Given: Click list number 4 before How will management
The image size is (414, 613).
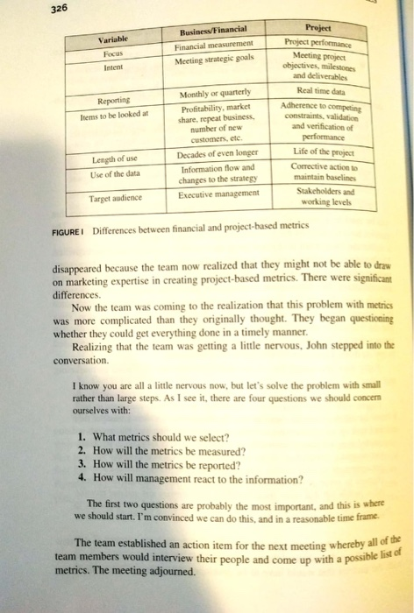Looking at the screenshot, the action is pos(81,478).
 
